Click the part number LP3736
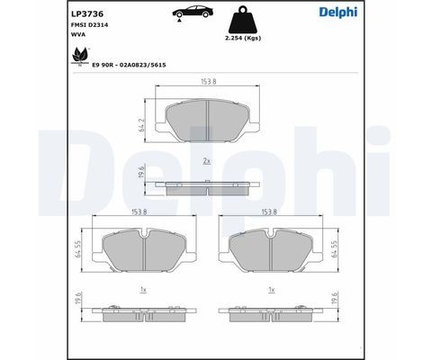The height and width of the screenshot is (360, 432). click(x=86, y=13)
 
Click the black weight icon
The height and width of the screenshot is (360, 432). click(x=241, y=20)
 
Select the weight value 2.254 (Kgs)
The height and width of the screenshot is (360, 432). click(x=241, y=40)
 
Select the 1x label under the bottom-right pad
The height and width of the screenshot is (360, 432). click(x=272, y=291)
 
